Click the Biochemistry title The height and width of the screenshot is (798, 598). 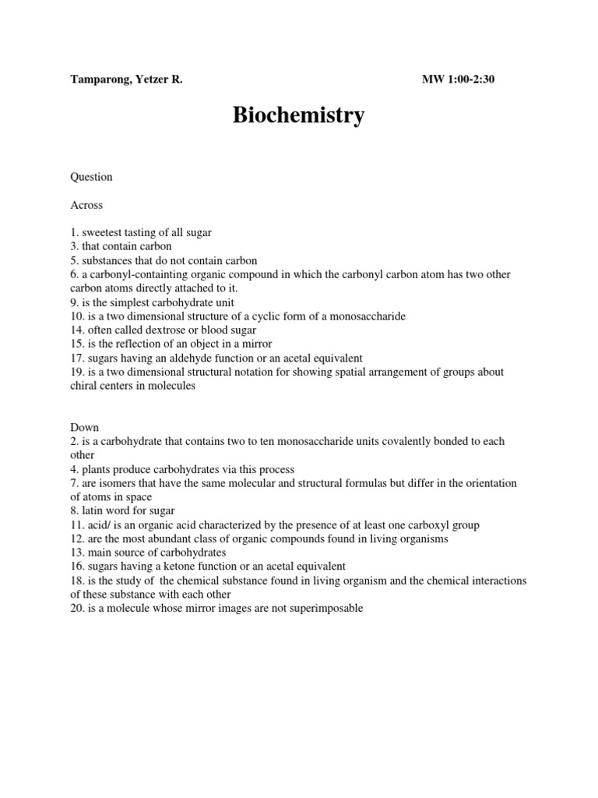pyautogui.click(x=299, y=116)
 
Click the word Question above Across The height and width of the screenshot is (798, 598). pyautogui.click(x=91, y=177)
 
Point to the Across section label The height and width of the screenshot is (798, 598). pyautogui.click(x=86, y=205)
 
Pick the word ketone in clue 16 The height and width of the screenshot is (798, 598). pyautogui.click(x=206, y=567)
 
